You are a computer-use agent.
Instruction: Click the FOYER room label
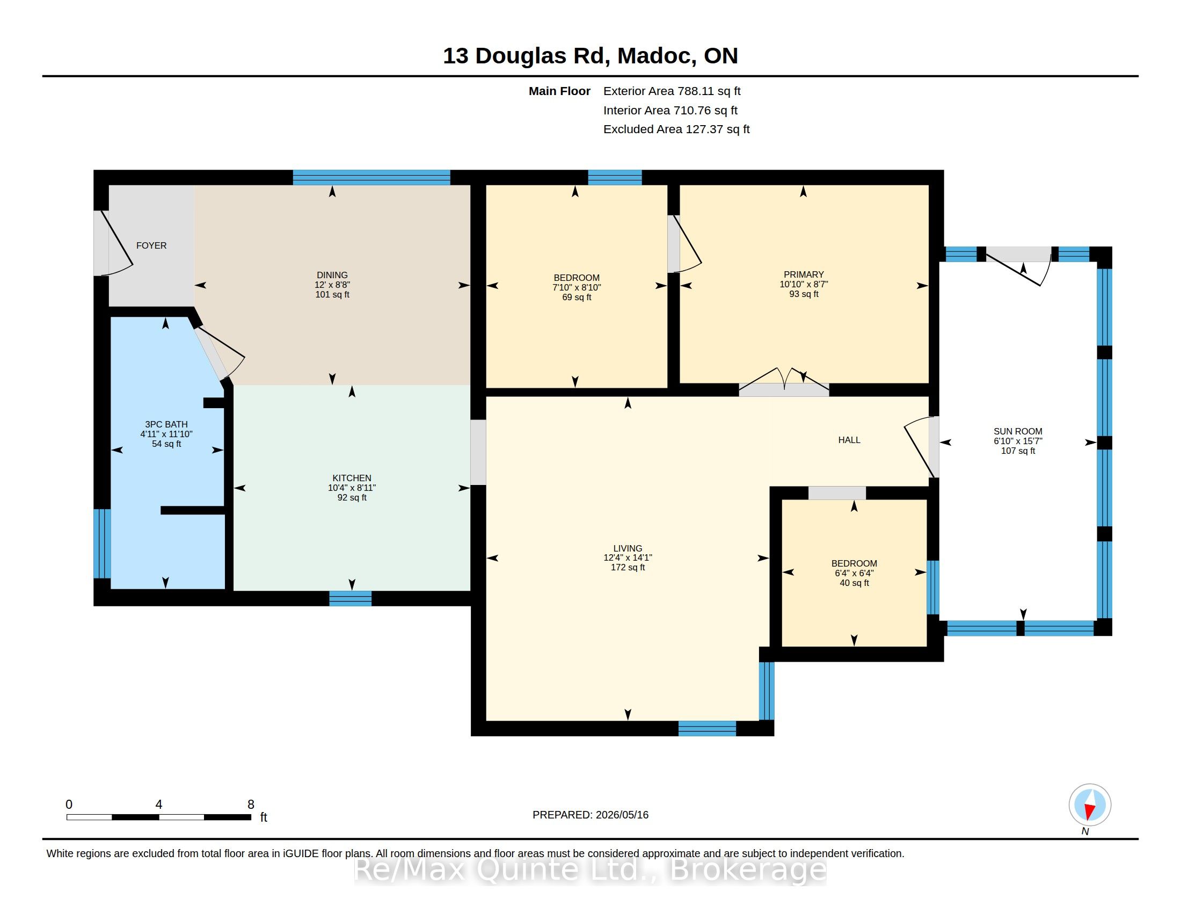pyautogui.click(x=151, y=245)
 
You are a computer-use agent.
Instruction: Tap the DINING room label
pyautogui.click(x=332, y=275)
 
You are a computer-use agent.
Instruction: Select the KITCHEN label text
pyautogui.click(x=352, y=478)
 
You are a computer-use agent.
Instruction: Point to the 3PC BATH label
pyautogui.click(x=166, y=425)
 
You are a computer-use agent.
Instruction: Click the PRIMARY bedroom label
pyautogui.click(x=804, y=275)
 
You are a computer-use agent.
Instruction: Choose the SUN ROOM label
pyautogui.click(x=1018, y=432)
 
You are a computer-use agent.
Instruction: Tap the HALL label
pyautogui.click(x=849, y=440)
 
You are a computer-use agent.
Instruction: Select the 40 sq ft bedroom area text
pyautogui.click(x=855, y=583)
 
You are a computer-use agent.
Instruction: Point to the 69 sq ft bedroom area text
pyautogui.click(x=577, y=298)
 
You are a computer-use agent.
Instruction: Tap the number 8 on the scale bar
pyautogui.click(x=251, y=805)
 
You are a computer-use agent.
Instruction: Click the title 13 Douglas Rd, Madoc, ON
pyautogui.click(x=590, y=56)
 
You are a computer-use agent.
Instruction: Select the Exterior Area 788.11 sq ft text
pyautogui.click(x=672, y=91)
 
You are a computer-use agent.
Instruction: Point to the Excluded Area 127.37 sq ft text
pyautogui.click(x=676, y=129)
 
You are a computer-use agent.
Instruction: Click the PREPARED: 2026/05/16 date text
pyautogui.click(x=590, y=815)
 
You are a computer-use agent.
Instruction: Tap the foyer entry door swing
pyautogui.click(x=116, y=243)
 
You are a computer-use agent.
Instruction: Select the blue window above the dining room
pyautogui.click(x=371, y=177)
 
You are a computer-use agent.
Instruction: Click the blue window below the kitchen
pyautogui.click(x=351, y=598)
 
